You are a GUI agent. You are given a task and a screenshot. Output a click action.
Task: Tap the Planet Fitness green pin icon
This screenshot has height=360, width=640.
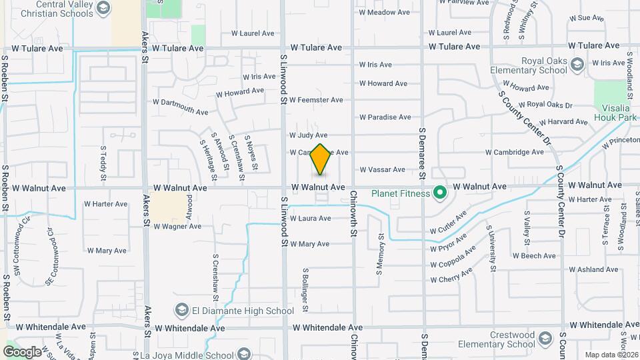point(439,193)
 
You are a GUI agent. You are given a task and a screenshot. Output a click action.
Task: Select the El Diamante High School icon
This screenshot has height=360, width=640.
point(181,311)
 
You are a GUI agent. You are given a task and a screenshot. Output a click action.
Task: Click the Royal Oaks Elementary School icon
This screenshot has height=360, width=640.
point(577,63)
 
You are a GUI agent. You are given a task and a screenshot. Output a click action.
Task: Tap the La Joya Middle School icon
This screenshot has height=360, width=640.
point(243,354)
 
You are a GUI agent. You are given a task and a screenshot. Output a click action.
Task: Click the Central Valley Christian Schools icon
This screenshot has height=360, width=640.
point(103,8)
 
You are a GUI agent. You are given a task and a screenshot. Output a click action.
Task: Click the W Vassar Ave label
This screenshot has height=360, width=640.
point(382,170)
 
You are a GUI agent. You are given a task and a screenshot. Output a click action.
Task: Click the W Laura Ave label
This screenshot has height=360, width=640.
point(309,219)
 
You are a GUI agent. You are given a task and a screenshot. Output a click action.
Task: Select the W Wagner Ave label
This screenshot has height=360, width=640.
point(177,227)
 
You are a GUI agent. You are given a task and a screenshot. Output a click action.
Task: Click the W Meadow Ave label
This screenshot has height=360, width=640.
point(385,12)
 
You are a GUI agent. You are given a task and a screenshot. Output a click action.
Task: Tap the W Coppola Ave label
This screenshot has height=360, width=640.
point(453,257)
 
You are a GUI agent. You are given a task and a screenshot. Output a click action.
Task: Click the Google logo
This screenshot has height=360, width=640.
point(22,351)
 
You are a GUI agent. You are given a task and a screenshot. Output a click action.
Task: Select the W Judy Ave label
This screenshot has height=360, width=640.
point(308,135)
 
